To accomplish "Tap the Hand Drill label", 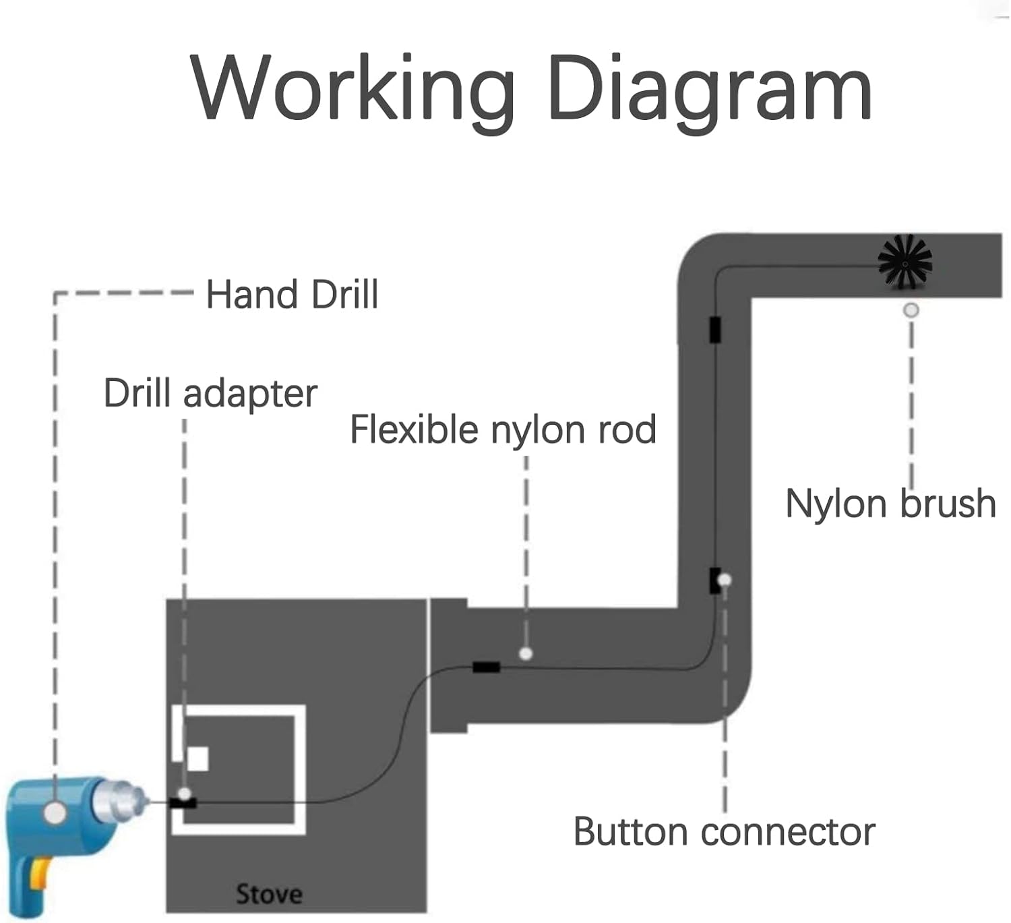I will point(292,295).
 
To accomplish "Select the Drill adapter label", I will point(210,393).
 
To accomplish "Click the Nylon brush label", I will point(890,503).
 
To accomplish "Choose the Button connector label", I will point(724,831).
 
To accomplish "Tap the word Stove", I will point(269,894).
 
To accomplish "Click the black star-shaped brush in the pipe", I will point(905,262).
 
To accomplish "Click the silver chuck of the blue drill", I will point(118,801).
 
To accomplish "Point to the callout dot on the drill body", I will point(55,812).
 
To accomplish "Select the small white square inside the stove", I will point(197,759).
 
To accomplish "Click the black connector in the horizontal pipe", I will point(486,667).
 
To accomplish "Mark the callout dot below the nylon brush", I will point(911,310).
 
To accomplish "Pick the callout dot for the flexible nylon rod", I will point(526,653).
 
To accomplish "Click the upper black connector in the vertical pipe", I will point(715,329).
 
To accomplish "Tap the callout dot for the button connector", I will point(725,580).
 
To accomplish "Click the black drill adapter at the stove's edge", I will point(183,803).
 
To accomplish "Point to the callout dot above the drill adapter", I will point(184,794).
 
